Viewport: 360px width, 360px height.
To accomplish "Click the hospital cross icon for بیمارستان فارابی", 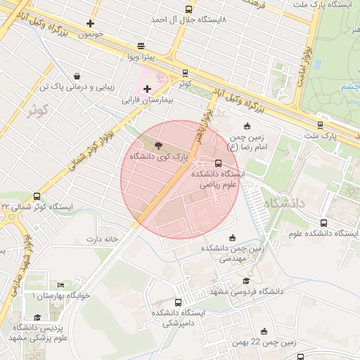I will (x=147, y=89).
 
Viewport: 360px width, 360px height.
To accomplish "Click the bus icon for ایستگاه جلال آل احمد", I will (x=188, y=9).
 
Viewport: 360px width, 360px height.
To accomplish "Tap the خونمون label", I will (x=91, y=34).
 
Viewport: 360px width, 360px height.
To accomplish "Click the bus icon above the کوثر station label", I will (x=185, y=72).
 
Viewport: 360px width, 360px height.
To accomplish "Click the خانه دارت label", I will (x=100, y=239).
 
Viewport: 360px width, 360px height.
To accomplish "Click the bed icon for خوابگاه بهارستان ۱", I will (x=60, y=285).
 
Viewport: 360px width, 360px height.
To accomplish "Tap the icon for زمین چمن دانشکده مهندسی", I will (x=233, y=237).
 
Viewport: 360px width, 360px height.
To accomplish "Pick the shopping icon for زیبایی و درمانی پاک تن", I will (x=76, y=77).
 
